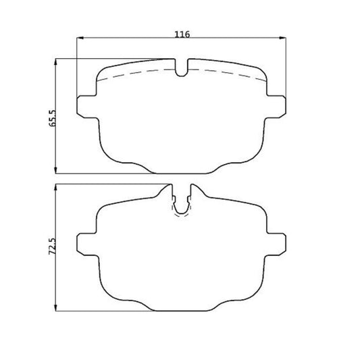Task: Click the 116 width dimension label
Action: click(182, 34)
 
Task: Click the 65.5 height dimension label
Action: click(53, 118)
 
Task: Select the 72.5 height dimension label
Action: click(53, 247)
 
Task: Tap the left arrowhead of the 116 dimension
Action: click(80, 38)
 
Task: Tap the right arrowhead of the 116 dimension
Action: click(283, 38)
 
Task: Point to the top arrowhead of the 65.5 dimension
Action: click(55, 62)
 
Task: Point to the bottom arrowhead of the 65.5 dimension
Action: click(55, 170)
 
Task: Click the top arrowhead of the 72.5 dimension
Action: click(55, 187)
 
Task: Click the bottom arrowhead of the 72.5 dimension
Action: click(55, 307)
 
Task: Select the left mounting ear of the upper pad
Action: click(86, 107)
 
